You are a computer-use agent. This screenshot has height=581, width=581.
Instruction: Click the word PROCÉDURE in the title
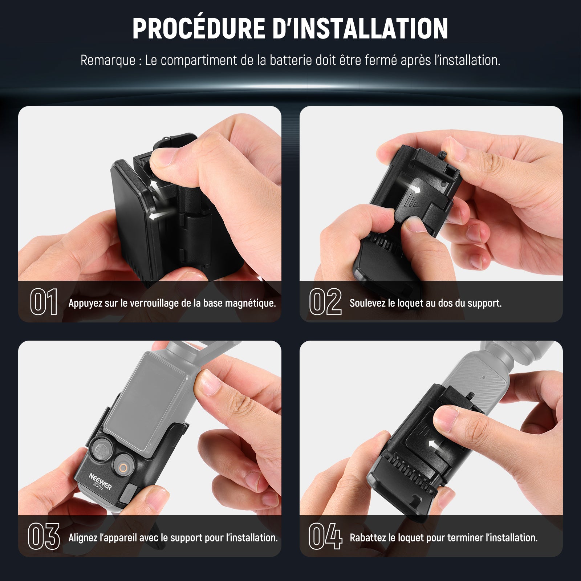(199, 28)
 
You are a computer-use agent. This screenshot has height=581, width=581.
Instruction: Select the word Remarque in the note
(108, 61)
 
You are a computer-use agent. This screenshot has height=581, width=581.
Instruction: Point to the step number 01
(44, 301)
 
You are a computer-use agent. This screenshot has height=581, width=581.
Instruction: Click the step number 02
(325, 301)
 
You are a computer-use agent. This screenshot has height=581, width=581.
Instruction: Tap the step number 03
(44, 536)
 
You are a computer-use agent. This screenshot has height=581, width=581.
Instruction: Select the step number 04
(325, 536)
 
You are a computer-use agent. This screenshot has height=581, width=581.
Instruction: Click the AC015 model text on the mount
(98, 486)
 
